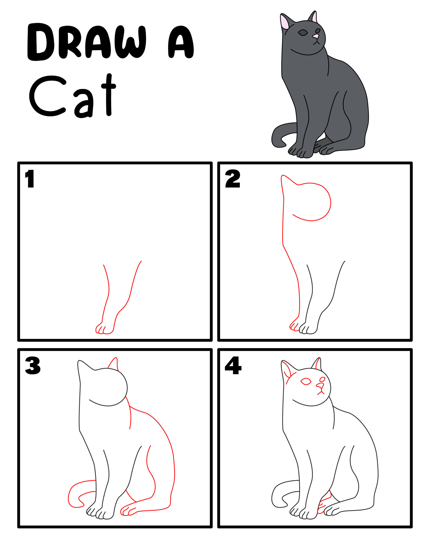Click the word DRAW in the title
pyautogui.click(x=86, y=42)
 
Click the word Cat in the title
pyautogui.click(x=72, y=96)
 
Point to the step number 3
pyautogui.click(x=32, y=366)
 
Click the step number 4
pyautogui.click(x=233, y=366)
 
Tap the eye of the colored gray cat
pyautogui.click(x=303, y=33)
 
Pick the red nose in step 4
pyautogui.click(x=320, y=386)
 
